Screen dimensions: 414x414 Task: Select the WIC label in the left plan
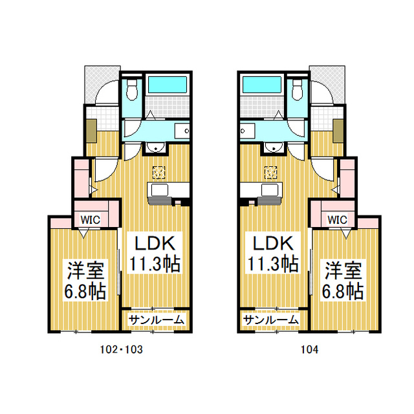90,219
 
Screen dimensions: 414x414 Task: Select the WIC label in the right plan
338,219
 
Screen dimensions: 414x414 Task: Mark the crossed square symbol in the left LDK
158,172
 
